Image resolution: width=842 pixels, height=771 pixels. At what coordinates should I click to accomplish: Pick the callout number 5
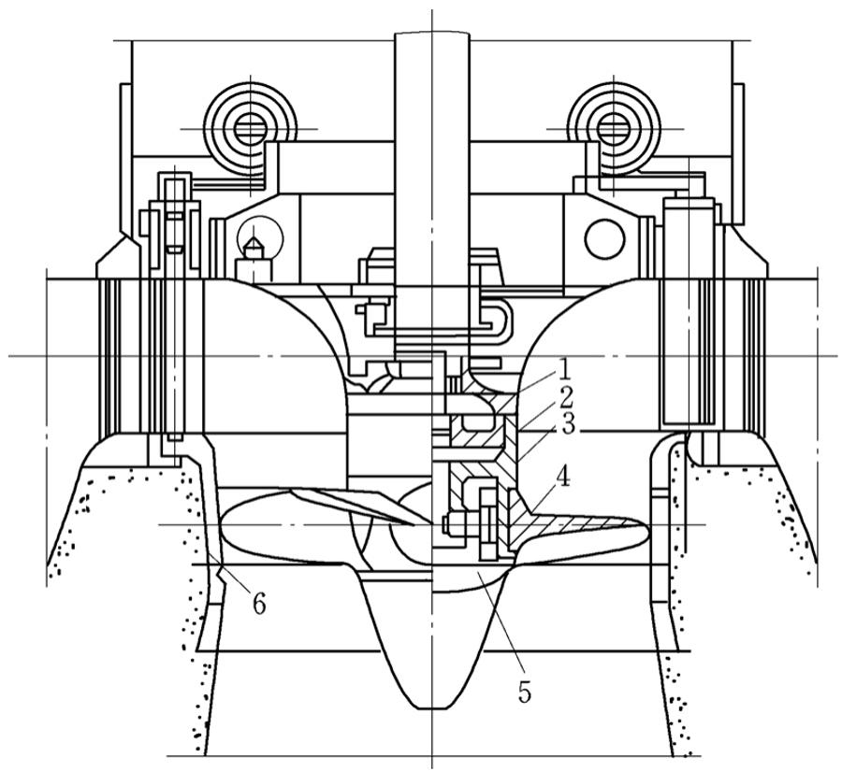pos(524,692)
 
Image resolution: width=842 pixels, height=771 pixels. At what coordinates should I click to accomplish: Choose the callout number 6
pos(259,604)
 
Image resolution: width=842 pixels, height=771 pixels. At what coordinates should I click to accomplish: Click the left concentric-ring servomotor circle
pos(245,127)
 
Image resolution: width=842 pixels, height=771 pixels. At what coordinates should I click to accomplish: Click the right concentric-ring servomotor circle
pos(614,127)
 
